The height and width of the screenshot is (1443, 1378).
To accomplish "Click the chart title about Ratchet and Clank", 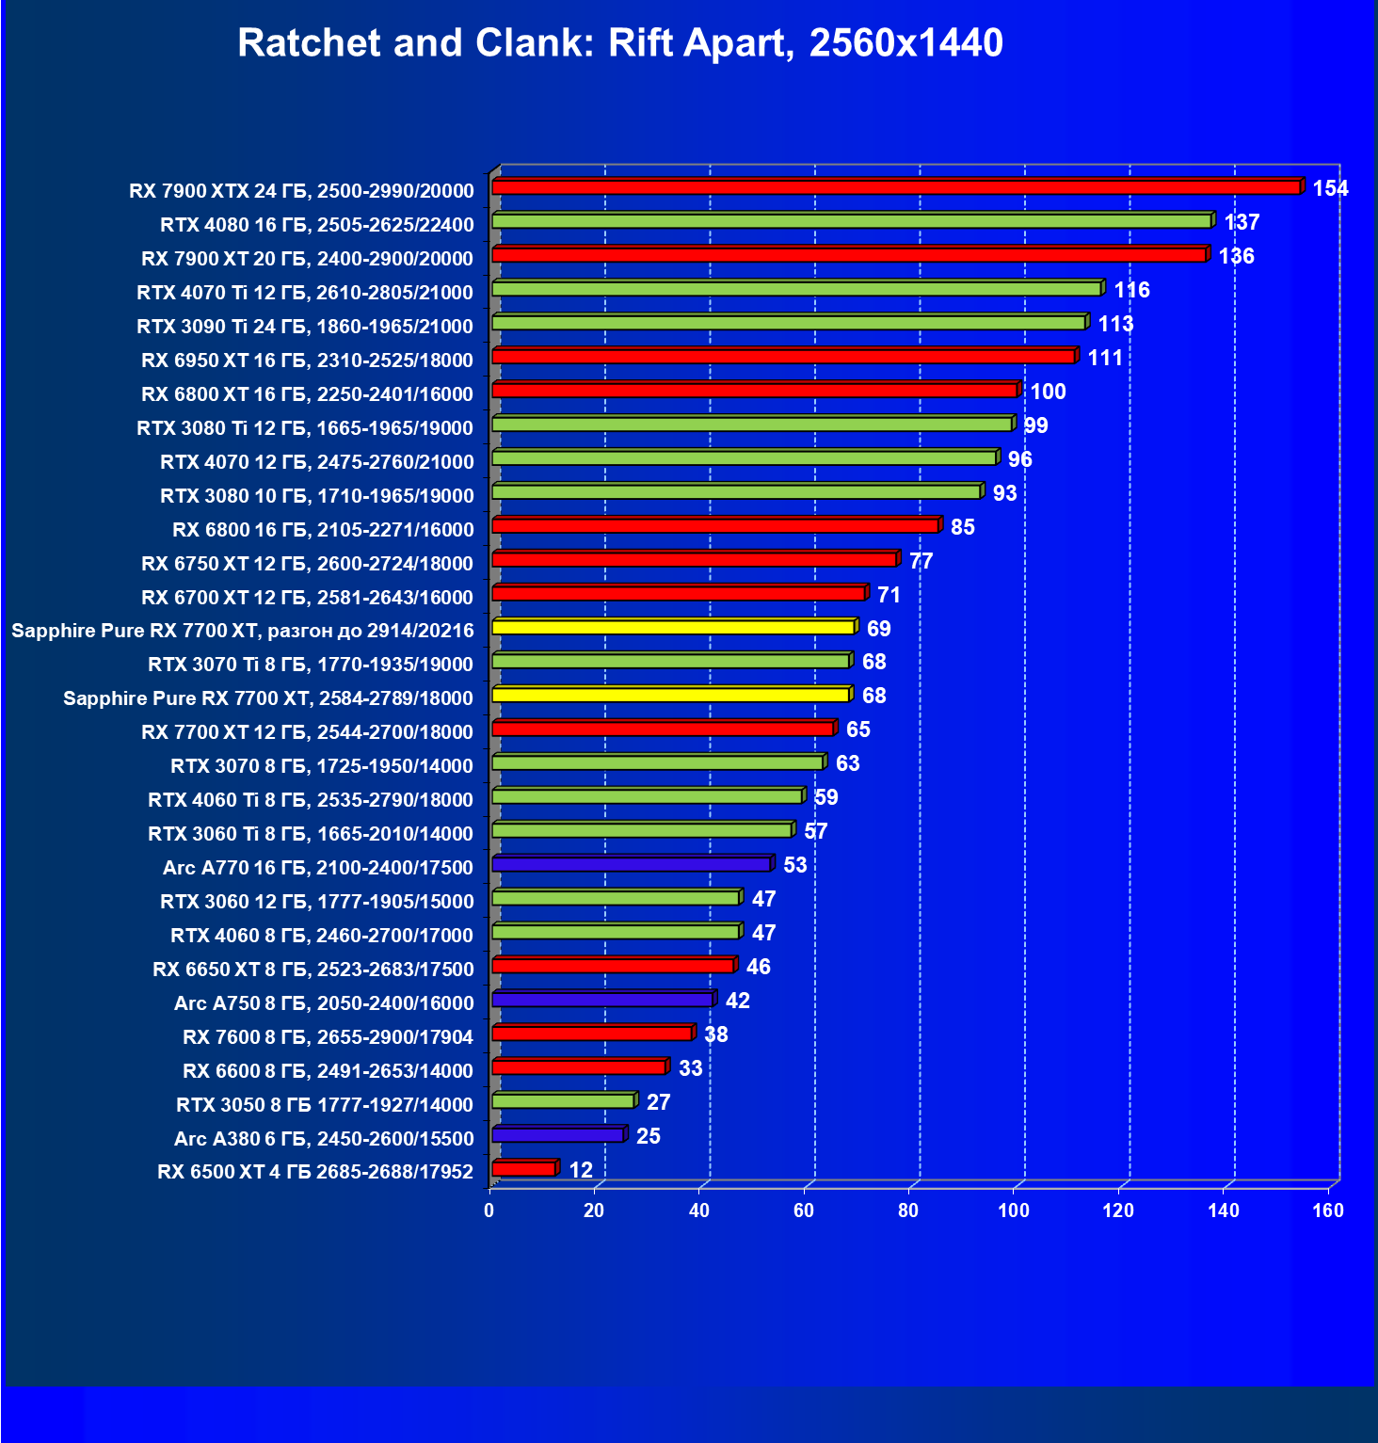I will point(620,43).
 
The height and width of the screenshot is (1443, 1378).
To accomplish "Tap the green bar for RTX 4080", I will point(850,221).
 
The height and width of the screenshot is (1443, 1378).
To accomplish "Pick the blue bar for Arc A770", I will point(631,864).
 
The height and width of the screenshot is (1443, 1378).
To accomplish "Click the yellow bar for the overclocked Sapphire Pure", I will point(672,627).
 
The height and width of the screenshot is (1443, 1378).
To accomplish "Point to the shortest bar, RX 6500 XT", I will point(523,1169).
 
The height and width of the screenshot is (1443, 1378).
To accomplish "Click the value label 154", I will point(1330,188).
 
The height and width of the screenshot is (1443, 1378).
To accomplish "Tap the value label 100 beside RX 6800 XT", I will point(1048,392).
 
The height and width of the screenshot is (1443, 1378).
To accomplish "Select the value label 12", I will point(581,1170).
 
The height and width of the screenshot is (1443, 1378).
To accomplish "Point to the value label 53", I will point(794,865).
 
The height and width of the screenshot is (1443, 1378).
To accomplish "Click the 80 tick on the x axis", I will point(908,1211).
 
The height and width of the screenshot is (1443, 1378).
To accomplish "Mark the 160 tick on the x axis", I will point(1328,1211).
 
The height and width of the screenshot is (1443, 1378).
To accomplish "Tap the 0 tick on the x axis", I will point(489,1211).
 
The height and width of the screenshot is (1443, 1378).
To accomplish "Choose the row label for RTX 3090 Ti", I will point(305,326).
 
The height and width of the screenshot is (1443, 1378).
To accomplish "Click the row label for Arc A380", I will point(324,1138).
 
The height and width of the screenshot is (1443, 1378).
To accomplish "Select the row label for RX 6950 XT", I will point(307,360).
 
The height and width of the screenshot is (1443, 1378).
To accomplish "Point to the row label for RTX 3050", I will point(325,1104).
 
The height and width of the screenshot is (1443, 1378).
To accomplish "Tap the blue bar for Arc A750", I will point(601,1000).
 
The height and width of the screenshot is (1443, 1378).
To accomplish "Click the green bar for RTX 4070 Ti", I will point(795,289).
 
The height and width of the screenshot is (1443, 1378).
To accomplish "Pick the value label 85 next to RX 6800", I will point(962,527).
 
